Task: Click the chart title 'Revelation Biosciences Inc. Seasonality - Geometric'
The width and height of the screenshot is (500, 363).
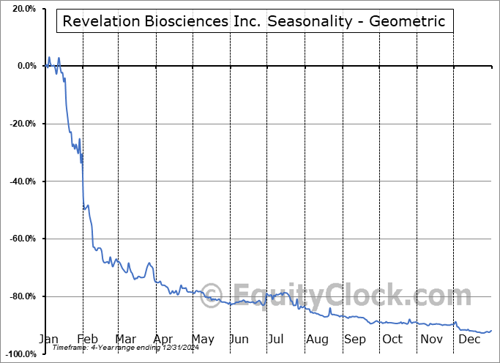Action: (x=254, y=21)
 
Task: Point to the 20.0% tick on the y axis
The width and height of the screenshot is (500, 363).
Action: (x=22, y=9)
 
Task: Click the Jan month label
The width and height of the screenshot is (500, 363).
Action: (x=48, y=340)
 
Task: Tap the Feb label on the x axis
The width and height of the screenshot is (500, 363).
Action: (x=87, y=340)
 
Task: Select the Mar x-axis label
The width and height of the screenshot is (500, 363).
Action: (x=125, y=340)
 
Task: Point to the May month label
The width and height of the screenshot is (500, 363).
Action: (x=202, y=340)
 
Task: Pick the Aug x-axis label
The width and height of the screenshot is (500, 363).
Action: (x=318, y=340)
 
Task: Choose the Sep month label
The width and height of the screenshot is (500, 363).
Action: (x=356, y=340)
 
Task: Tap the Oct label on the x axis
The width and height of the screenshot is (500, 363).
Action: (x=393, y=340)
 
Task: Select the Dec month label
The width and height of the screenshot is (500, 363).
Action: (x=469, y=340)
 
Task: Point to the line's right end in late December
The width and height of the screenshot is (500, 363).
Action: (x=491, y=330)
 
